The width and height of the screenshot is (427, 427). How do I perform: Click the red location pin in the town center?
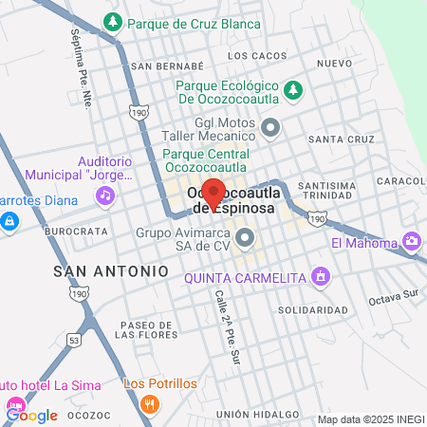pyautogui.click(x=213, y=193)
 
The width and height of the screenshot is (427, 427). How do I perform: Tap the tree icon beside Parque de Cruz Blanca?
pyautogui.click(x=113, y=20)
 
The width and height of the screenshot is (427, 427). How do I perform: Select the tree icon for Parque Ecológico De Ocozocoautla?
pyautogui.click(x=295, y=89)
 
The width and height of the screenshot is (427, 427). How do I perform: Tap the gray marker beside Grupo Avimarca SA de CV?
pyautogui.click(x=246, y=237)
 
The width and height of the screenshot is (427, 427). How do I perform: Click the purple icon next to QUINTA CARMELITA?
pyautogui.click(x=321, y=276)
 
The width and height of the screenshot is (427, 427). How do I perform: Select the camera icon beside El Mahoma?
pyautogui.click(x=411, y=242)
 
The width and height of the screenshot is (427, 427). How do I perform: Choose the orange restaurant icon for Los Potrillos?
pyautogui.click(x=148, y=403)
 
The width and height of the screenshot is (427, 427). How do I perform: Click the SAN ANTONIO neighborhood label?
pyautogui.click(x=111, y=271)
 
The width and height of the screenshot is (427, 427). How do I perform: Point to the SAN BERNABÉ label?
pyautogui.click(x=167, y=66)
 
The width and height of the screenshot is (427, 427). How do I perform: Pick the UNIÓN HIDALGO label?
pyautogui.click(x=251, y=415)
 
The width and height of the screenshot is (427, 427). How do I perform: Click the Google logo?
pyautogui.click(x=31, y=415)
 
